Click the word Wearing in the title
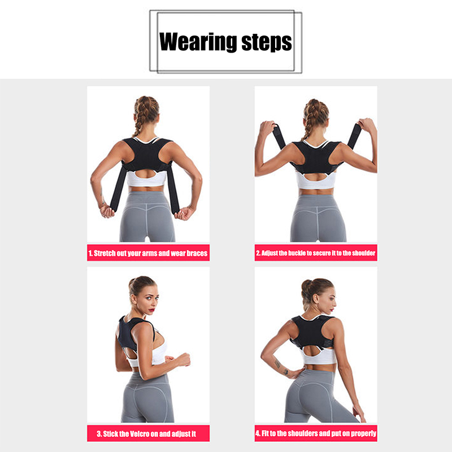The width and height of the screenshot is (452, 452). (198, 42)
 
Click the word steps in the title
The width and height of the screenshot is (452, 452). (267, 43)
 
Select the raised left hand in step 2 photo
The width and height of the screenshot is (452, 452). (267, 129)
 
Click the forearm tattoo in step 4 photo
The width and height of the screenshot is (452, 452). (281, 368)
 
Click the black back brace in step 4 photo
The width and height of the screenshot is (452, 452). (312, 332)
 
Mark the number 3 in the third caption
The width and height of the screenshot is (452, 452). (99, 434)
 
